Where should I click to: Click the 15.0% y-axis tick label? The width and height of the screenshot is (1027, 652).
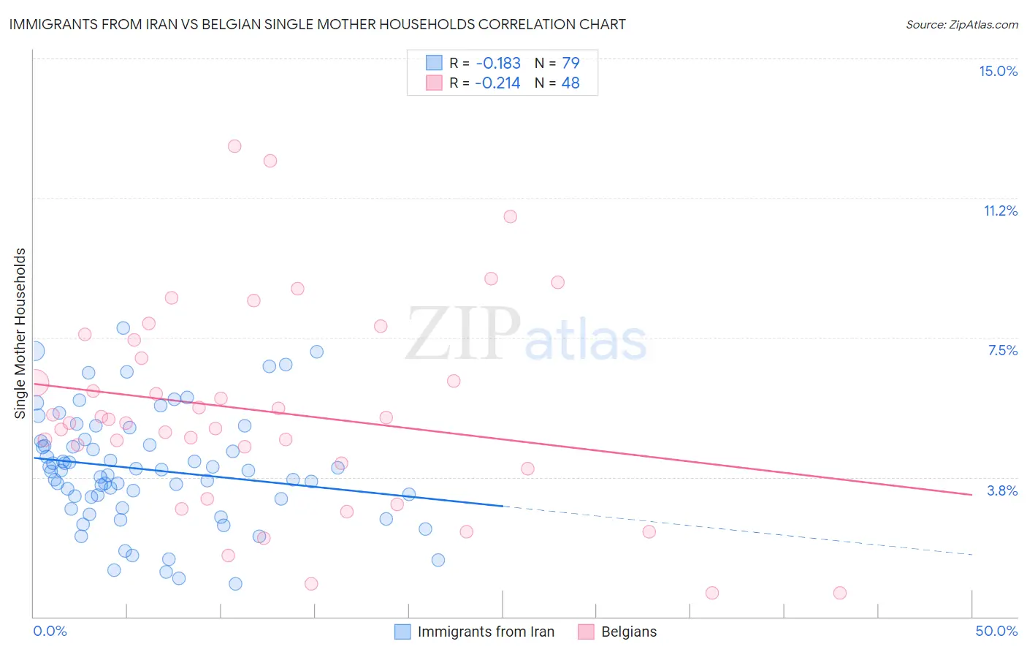[x=998, y=71]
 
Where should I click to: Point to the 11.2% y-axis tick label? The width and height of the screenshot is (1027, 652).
[x=1000, y=211]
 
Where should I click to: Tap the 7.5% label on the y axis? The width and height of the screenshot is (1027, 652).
[x=1002, y=350]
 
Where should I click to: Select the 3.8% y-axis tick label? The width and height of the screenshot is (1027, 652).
[x=1002, y=490]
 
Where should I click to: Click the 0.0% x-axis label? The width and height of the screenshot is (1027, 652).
[x=50, y=631]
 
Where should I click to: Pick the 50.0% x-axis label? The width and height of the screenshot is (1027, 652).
[x=996, y=631]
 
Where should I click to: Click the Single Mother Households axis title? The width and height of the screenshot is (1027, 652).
[x=20, y=333]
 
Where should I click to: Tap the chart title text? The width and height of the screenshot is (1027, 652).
[x=317, y=24]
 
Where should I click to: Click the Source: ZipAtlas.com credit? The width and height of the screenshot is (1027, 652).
[x=961, y=24]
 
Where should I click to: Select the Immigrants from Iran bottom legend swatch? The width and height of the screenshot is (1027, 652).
[x=402, y=632]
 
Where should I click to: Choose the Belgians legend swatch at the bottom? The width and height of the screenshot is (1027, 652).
[x=586, y=632]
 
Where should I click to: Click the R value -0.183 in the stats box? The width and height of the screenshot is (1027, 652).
[x=498, y=63]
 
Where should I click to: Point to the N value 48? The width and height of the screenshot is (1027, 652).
[x=570, y=83]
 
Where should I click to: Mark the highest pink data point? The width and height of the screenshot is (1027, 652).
[x=234, y=146]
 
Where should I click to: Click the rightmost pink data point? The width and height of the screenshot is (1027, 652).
[x=840, y=593]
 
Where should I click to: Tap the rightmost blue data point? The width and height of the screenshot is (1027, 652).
[x=438, y=560]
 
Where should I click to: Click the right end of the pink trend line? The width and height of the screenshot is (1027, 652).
[x=971, y=495]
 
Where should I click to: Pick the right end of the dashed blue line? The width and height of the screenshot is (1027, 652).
[x=971, y=555]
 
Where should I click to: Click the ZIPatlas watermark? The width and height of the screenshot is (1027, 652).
[x=526, y=335]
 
